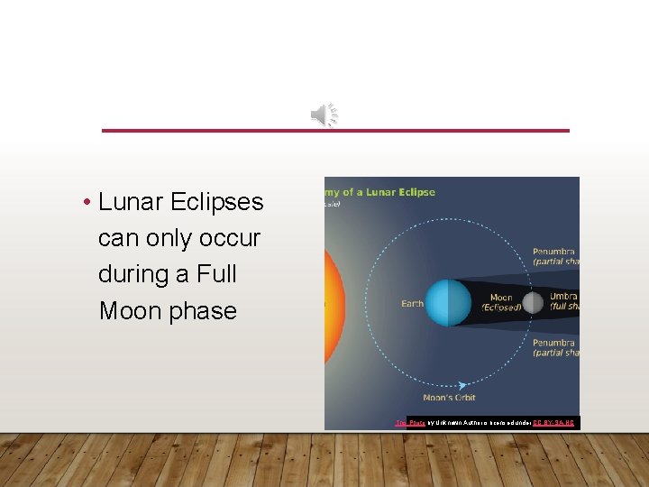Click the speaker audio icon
pos(324,115)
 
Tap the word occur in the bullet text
pos(230,238)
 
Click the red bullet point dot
pos(87,202)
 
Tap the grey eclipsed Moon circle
pos(533,302)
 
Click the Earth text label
pos(412,304)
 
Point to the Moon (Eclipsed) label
pos(500,302)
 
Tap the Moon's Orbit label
pos(448,398)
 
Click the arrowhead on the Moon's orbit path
pos(462,384)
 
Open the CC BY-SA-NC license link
pos(553,422)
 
